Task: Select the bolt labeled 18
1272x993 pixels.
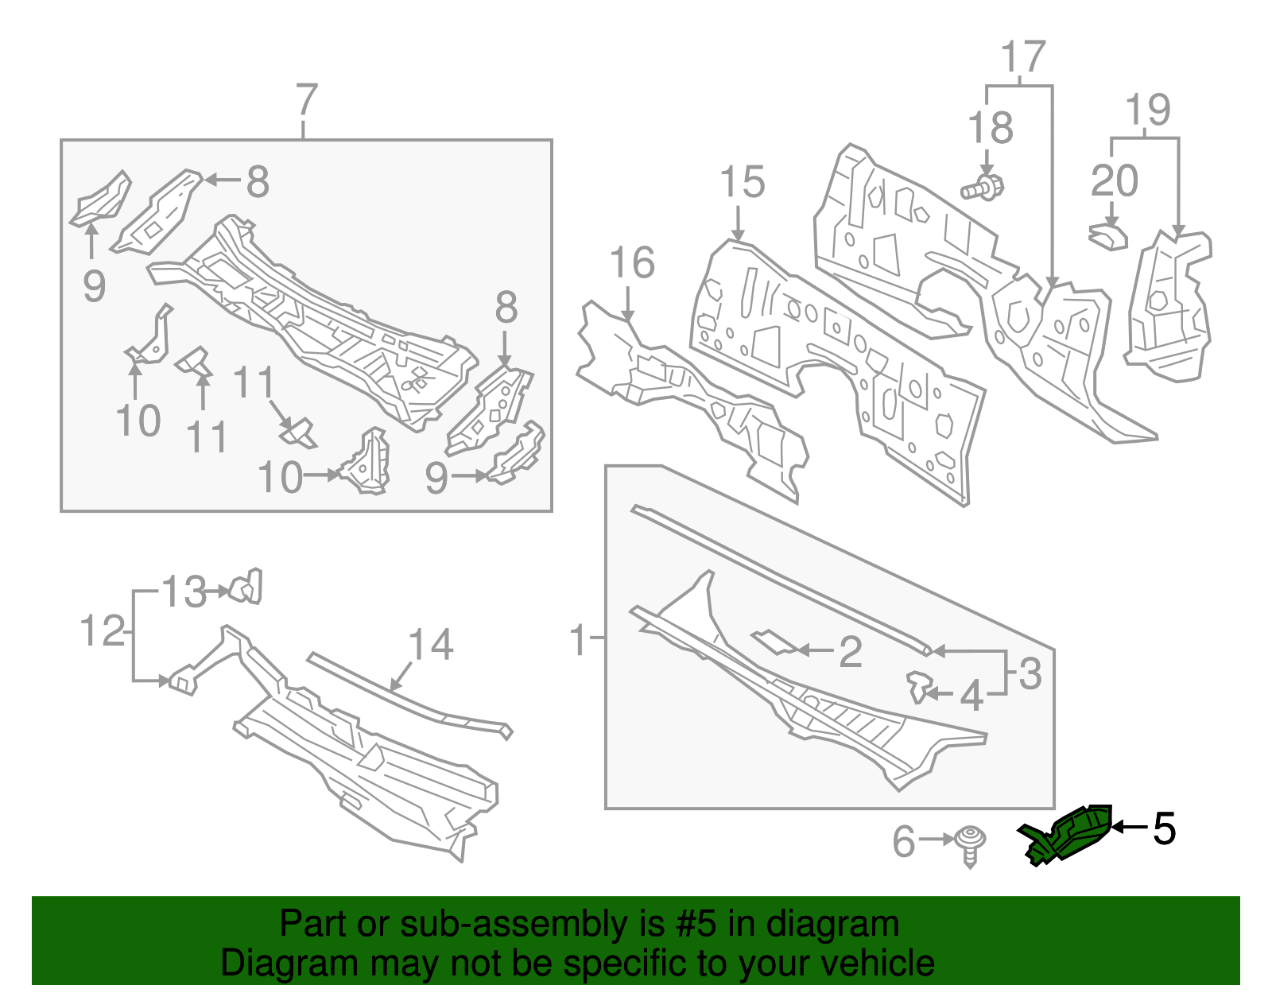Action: point(984,188)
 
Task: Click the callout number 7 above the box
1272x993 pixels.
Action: point(306,102)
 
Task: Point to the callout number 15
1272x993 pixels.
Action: point(742,182)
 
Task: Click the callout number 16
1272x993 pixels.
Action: point(632,263)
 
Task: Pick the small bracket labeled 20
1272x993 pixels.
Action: point(1108,236)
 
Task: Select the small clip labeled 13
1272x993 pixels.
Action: point(246,588)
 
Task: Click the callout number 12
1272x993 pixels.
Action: point(103,632)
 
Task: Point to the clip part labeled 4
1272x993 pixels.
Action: point(919,687)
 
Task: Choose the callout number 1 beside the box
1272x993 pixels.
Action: point(580,640)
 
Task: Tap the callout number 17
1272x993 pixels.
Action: point(1022,57)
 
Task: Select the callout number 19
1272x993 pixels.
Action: point(1148,110)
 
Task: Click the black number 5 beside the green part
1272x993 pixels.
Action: point(1163,829)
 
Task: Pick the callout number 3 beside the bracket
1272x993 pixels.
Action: point(1030,673)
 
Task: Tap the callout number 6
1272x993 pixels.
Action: point(904,842)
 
